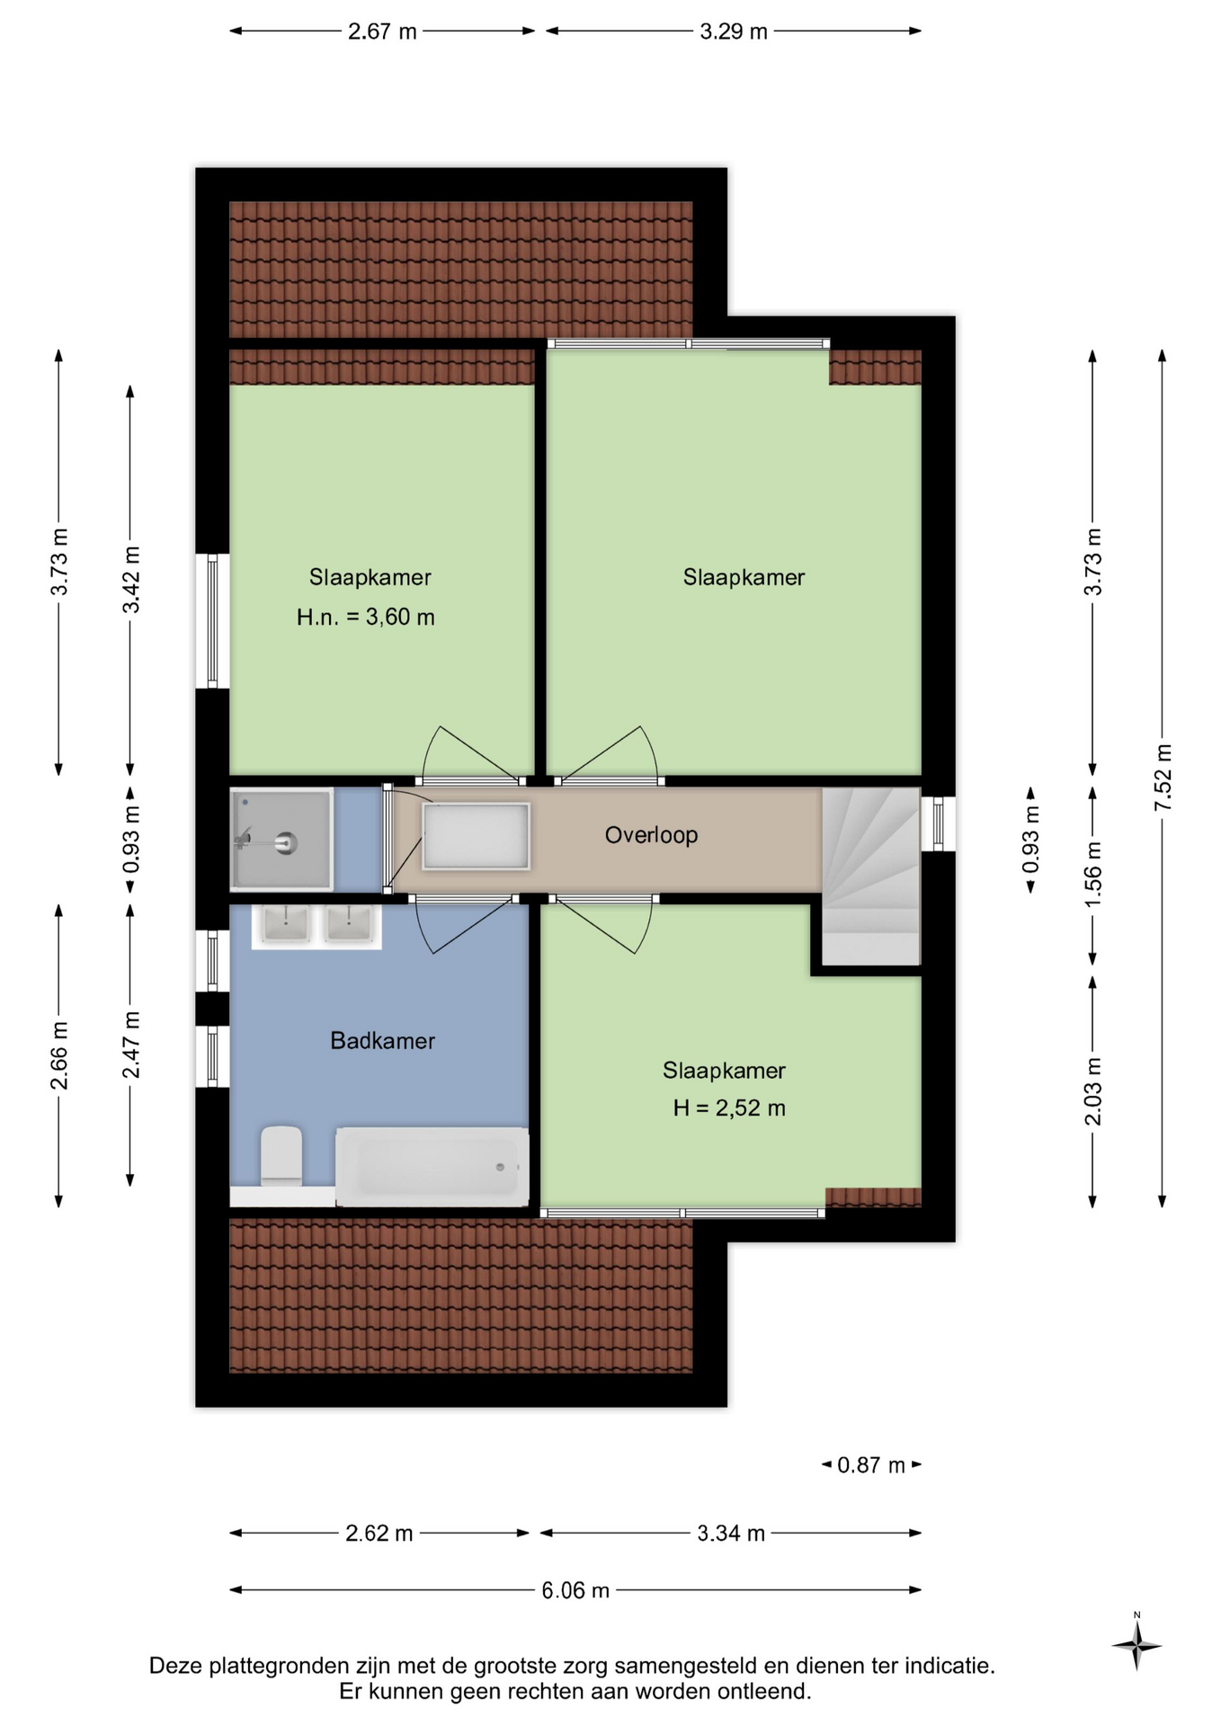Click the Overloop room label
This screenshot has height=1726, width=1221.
click(651, 835)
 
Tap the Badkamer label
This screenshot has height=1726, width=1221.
click(383, 1041)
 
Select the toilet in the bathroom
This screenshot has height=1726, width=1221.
click(281, 1155)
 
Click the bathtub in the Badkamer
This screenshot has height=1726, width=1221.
click(432, 1167)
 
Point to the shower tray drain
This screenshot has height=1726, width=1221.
click(287, 843)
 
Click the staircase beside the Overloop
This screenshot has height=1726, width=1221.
click(871, 876)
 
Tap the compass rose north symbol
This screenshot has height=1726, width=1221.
click(1136, 1645)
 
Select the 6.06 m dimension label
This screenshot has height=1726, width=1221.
click(575, 1590)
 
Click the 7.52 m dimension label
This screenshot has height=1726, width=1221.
click(1163, 778)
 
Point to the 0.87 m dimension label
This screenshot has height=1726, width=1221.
click(871, 1465)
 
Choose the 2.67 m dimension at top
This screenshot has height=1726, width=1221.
click(382, 31)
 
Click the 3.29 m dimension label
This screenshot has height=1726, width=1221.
click(734, 31)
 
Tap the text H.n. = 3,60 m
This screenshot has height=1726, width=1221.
click(366, 618)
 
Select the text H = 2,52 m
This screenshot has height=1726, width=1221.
click(729, 1108)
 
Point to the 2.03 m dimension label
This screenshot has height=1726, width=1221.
click(1093, 1091)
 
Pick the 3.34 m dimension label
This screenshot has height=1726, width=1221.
click(731, 1533)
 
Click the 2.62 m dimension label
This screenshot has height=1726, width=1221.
click(379, 1533)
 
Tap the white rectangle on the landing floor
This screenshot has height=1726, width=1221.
click(476, 836)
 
